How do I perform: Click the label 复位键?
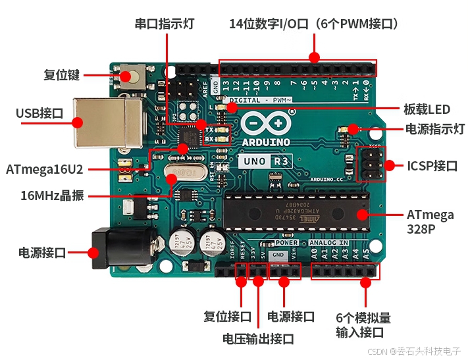(62, 75)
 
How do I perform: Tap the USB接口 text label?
(39, 114)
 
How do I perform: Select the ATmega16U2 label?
(45, 169)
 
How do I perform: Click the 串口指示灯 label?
(165, 24)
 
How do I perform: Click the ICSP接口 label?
(432, 166)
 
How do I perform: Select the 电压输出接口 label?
(258, 339)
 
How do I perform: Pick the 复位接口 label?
(228, 317)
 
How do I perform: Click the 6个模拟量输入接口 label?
(363, 324)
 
